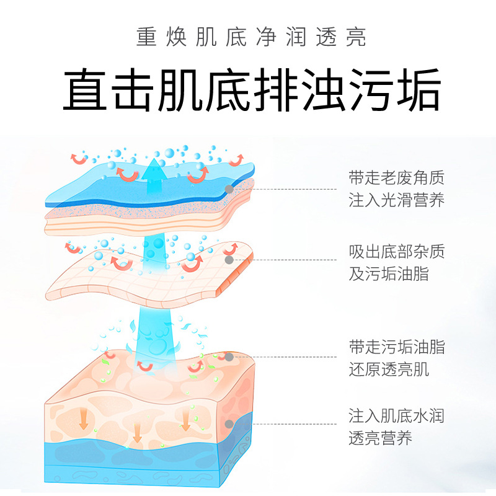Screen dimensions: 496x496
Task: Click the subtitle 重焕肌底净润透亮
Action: [251, 37]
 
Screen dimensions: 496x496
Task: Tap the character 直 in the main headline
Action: [85, 89]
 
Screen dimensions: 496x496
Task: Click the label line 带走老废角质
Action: [396, 177]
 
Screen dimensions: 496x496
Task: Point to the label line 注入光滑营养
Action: [396, 200]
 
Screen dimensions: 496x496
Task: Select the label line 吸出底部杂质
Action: [396, 252]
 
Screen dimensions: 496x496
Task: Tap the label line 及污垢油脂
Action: [389, 273]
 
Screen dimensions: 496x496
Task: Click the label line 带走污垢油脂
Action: [396, 347]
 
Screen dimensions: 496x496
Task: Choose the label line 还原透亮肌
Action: [389, 369]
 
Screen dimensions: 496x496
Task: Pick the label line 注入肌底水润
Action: [396, 415]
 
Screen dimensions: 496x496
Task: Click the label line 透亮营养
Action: [380, 438]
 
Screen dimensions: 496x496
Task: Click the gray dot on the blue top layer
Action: [229, 189]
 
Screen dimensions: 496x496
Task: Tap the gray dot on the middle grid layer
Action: [229, 260]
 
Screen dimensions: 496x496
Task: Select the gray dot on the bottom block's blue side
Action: [229, 424]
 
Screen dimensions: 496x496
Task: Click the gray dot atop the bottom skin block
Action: [229, 357]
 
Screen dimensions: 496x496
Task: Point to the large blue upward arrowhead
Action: [154, 169]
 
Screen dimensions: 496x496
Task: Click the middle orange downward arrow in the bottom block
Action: [137, 433]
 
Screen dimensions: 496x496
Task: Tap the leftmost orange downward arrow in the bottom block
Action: [83, 419]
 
